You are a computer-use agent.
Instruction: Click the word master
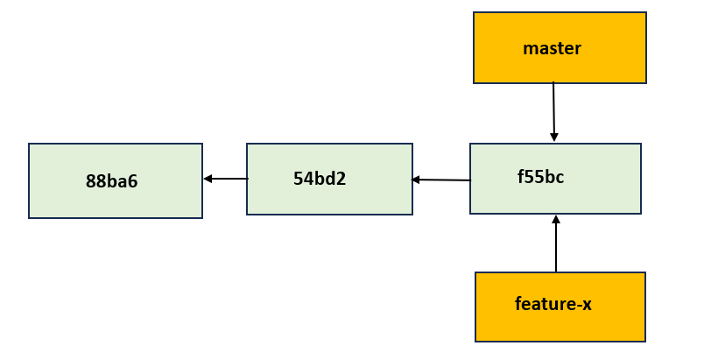pyautogui.click(x=552, y=49)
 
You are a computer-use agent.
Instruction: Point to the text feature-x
pyautogui.click(x=553, y=305)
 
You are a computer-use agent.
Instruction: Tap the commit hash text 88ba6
pyautogui.click(x=111, y=182)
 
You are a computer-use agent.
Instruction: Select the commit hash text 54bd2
pyautogui.click(x=320, y=179)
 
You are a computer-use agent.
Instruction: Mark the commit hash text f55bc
pyautogui.click(x=540, y=177)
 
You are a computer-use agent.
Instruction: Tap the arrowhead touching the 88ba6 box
pyautogui.click(x=208, y=179)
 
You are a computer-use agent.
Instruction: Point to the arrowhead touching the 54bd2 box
pyautogui.click(x=416, y=180)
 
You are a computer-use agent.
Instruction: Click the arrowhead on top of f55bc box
pyautogui.click(x=554, y=137)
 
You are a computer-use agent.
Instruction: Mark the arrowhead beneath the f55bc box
pyautogui.click(x=556, y=220)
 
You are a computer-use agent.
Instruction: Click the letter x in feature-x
pyautogui.click(x=587, y=306)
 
